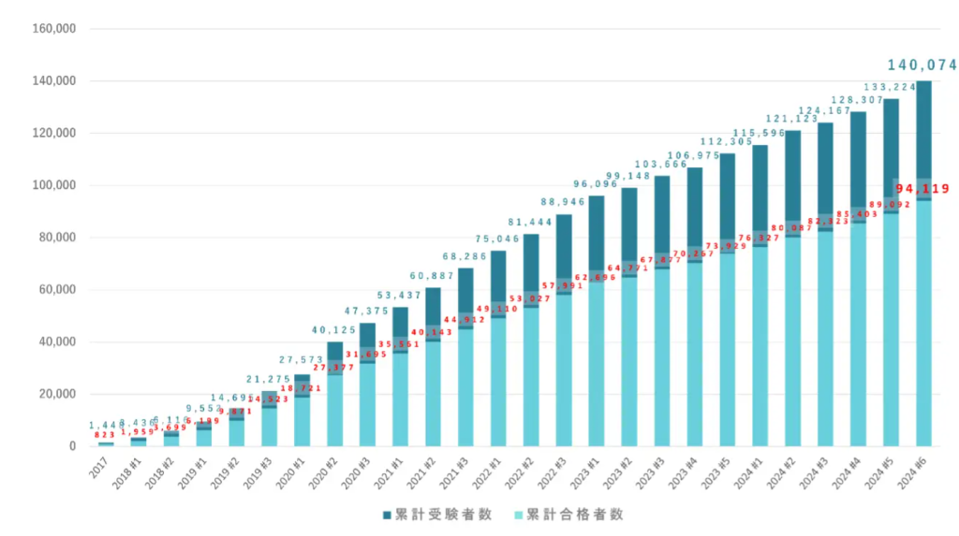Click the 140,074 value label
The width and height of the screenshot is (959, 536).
coord(922,65)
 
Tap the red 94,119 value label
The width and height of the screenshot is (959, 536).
coord(922,189)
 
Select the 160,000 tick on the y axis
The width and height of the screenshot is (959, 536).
coord(53,29)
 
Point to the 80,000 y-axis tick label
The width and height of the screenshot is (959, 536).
coord(56,238)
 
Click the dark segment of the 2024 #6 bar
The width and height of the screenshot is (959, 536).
coord(923,131)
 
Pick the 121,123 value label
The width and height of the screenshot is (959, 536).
coord(792,120)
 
